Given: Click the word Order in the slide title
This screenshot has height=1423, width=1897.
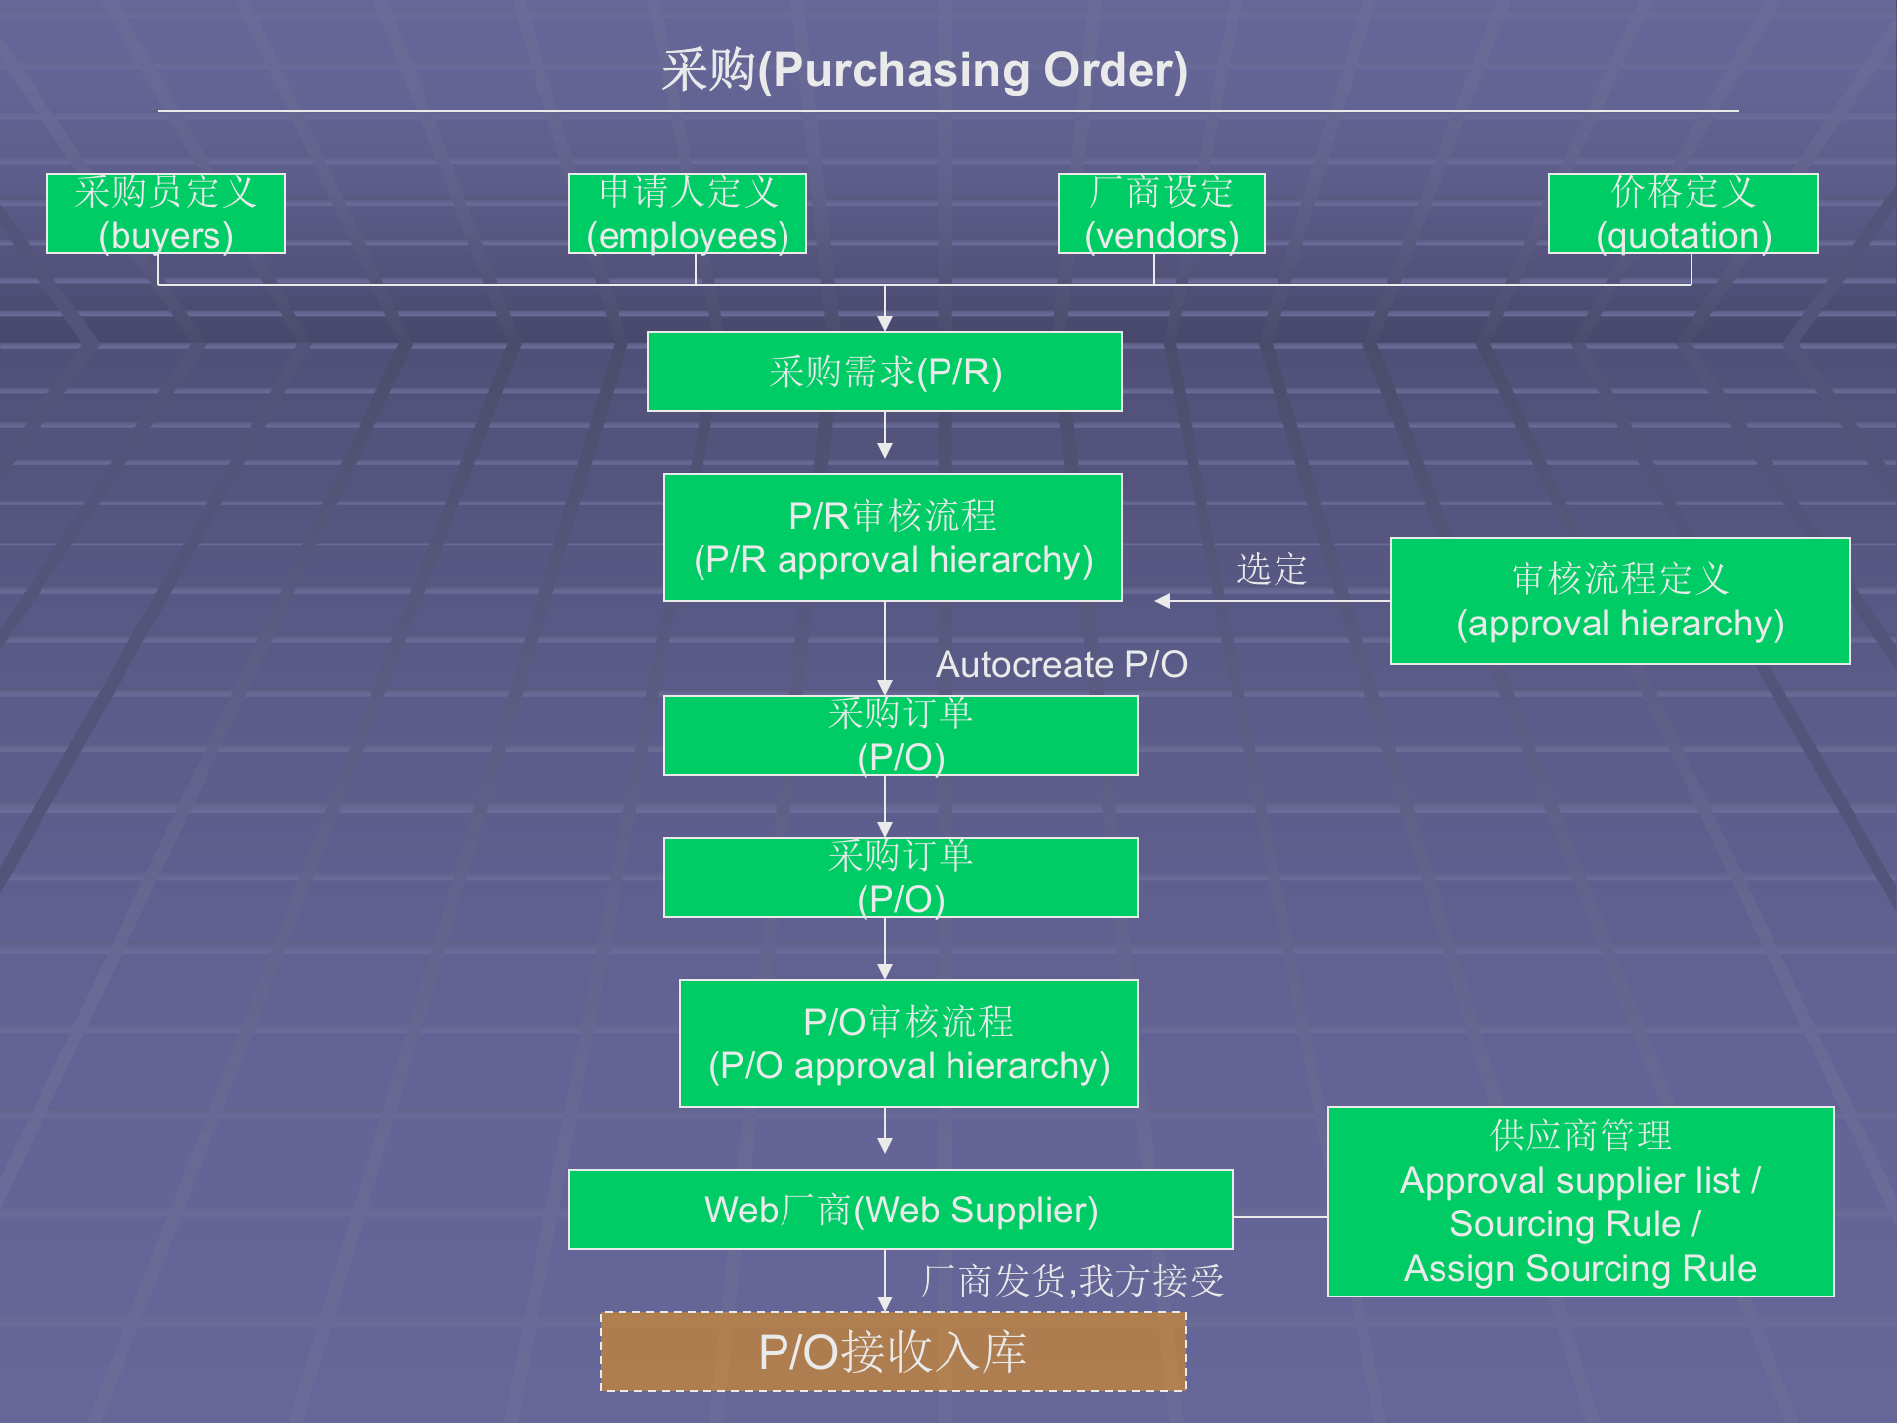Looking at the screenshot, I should (x=1115, y=71).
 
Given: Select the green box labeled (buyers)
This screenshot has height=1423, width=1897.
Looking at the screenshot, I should (x=166, y=214).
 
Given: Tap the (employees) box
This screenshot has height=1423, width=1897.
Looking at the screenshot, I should (x=688, y=214).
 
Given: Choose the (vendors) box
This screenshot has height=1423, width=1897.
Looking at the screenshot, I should (x=1161, y=214).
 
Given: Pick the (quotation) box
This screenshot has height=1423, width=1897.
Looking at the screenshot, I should (x=1683, y=214).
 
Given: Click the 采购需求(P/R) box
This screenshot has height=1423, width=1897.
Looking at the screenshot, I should (x=884, y=372).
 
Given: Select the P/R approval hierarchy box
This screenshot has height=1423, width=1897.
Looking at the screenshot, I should (x=892, y=538).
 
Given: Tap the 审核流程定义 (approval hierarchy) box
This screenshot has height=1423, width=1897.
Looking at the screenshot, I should (x=1619, y=601).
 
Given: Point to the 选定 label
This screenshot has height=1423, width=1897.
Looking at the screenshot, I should (x=1272, y=569).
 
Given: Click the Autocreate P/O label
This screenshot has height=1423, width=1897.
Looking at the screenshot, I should (x=1061, y=665).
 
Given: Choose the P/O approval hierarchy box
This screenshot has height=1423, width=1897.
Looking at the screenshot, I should (x=908, y=1044).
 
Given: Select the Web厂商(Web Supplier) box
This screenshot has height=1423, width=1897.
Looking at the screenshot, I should (x=900, y=1210).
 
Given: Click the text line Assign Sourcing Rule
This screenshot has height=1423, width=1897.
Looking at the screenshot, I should (x=1580, y=1268).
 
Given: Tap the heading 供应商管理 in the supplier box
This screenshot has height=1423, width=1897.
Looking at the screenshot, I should (x=1580, y=1135).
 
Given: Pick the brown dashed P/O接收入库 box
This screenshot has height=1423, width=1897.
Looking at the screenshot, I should (x=892, y=1352).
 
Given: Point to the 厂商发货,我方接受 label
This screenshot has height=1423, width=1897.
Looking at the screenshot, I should (x=1072, y=1281).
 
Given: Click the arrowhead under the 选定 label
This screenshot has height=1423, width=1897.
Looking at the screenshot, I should (x=1163, y=601).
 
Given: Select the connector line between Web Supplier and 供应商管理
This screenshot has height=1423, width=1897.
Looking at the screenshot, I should (x=1279, y=1217).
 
